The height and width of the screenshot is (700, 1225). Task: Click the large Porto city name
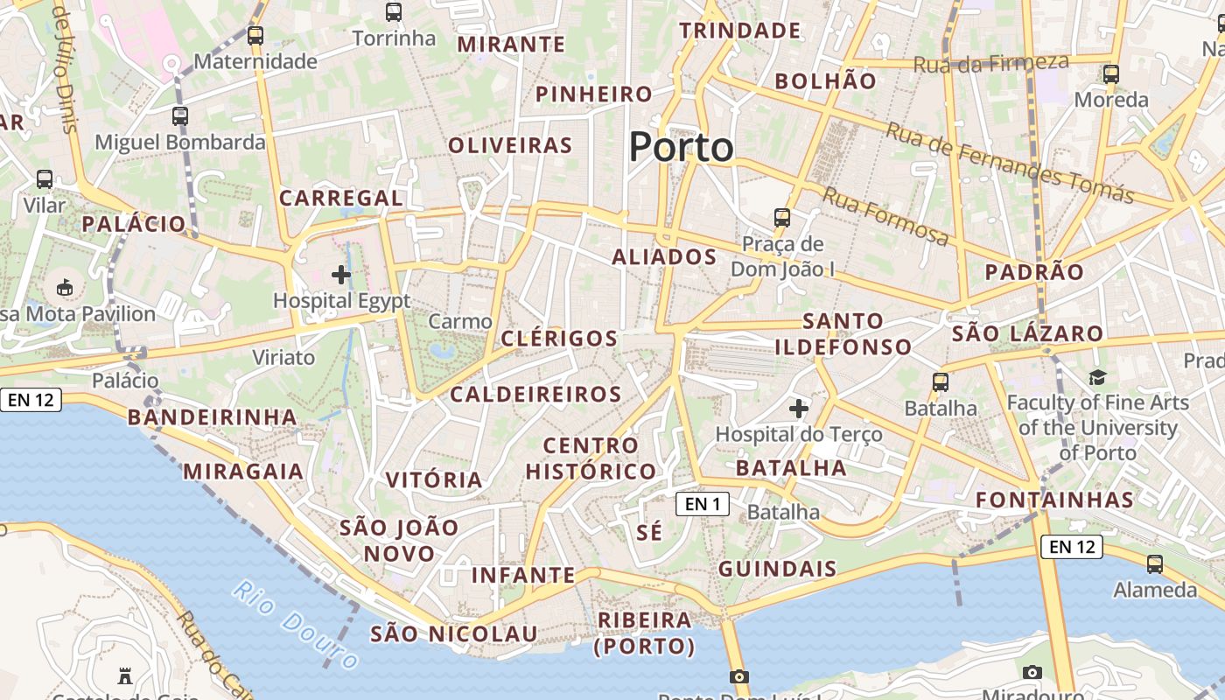pyautogui.click(x=681, y=147)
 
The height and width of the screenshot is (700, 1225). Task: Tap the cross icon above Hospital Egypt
pyautogui.click(x=341, y=276)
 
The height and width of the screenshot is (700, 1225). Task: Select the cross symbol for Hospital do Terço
pyautogui.click(x=798, y=408)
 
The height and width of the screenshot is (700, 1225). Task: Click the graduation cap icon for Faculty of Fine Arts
pyautogui.click(x=1096, y=377)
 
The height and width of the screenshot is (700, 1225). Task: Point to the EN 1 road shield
pyautogui.click(x=703, y=504)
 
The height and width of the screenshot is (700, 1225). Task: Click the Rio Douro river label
pyautogui.click(x=296, y=625)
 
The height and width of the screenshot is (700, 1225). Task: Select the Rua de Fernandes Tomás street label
pyautogui.click(x=1010, y=163)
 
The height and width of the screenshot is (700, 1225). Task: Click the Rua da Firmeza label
pyautogui.click(x=990, y=63)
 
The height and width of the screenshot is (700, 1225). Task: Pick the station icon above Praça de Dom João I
pyautogui.click(x=781, y=218)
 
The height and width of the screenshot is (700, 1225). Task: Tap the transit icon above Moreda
pyautogui.click(x=1110, y=74)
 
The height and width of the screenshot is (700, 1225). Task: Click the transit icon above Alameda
pyautogui.click(x=1155, y=564)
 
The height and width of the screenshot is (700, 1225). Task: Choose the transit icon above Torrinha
pyautogui.click(x=394, y=12)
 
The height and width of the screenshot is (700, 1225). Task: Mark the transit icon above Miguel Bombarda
pyautogui.click(x=179, y=116)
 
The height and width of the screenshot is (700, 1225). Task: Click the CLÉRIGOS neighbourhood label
pyautogui.click(x=559, y=339)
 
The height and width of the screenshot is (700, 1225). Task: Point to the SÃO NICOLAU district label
pyautogui.click(x=453, y=634)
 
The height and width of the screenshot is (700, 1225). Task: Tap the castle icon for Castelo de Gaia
pyautogui.click(x=125, y=675)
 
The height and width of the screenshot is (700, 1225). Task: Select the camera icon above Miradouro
pyautogui.click(x=1032, y=672)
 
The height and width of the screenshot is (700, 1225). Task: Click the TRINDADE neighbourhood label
pyautogui.click(x=739, y=31)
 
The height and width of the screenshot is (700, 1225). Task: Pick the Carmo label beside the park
pyautogui.click(x=460, y=322)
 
